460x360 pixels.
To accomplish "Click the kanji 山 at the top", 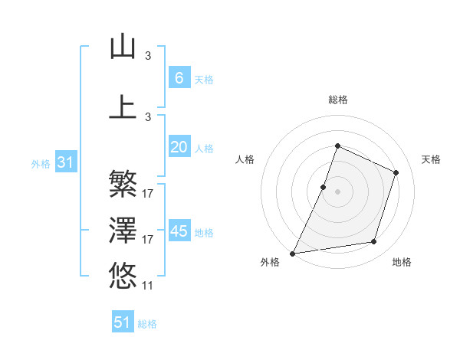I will tap(123, 46).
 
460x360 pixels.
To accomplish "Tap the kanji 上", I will tap(123, 106).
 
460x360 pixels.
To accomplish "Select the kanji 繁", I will tap(123, 184).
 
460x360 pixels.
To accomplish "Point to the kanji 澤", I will tap(123, 229).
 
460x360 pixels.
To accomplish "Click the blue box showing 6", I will tap(179, 77).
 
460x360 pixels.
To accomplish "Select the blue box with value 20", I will tap(179, 147).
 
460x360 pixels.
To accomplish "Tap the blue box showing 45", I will tap(179, 231).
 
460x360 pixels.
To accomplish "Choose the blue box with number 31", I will tap(65, 162).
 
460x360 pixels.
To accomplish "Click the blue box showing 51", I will tap(123, 322).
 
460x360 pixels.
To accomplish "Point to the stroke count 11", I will tap(148, 286).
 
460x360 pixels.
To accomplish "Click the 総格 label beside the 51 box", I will tap(147, 324).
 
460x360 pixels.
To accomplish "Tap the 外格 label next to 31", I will tap(41, 163).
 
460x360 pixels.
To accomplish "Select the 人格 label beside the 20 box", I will tap(204, 149).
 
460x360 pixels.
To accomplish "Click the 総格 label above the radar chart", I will tap(337, 100).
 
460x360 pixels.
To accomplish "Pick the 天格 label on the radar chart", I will tap(432, 159).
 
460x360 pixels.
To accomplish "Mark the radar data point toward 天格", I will tap(396, 172).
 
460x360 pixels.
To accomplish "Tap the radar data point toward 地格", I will tap(373, 241).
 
